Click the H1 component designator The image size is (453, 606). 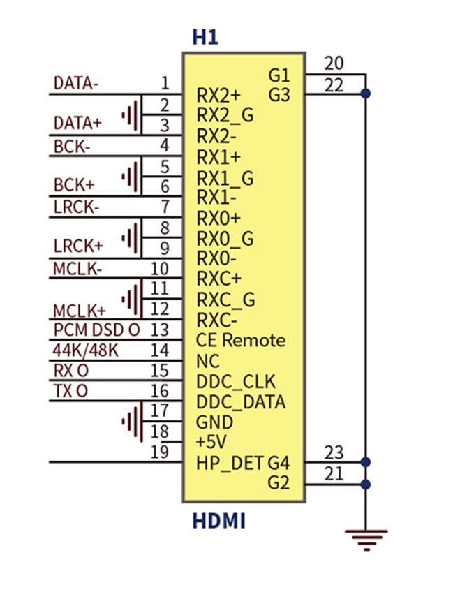click(x=205, y=37)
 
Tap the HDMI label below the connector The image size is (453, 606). click(x=218, y=521)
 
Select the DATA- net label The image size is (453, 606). click(x=76, y=83)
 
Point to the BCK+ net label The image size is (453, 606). click(x=74, y=185)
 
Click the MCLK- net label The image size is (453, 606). click(x=77, y=269)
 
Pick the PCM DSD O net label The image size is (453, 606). click(x=96, y=330)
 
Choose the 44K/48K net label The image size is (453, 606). click(x=85, y=350)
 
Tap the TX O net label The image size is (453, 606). click(x=70, y=391)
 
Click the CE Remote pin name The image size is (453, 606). click(x=241, y=340)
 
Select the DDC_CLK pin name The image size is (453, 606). click(x=236, y=382)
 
